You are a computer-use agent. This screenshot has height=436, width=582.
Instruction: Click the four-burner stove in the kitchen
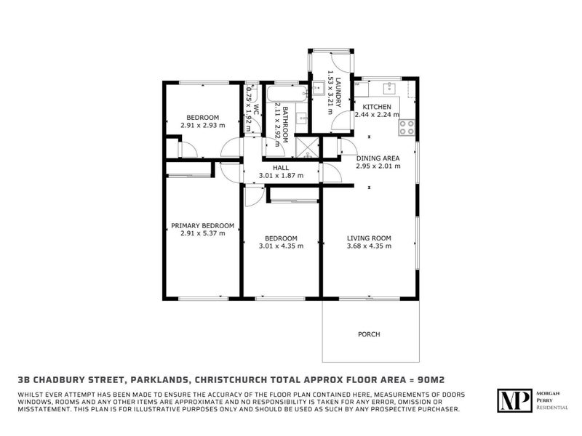[407, 128]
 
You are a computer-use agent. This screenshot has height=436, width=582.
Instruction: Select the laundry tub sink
[319, 89]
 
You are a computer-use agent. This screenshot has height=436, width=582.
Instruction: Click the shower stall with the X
[307, 149]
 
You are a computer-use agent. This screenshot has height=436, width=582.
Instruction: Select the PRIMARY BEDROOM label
[203, 226]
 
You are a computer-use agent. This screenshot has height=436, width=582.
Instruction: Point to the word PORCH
[369, 334]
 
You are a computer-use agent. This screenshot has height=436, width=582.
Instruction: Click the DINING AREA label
[378, 158]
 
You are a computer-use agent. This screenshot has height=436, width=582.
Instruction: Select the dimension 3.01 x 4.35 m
[281, 246]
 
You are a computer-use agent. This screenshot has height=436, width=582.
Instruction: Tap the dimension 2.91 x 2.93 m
[203, 125]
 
